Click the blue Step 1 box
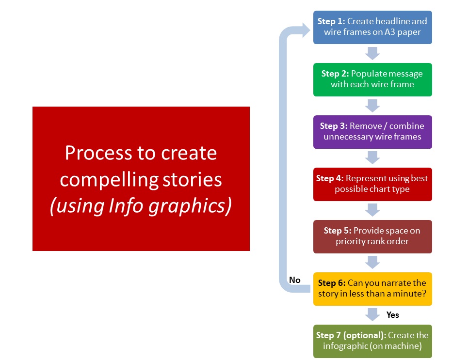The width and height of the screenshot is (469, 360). coord(372,27)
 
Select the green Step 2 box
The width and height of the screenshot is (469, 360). coord(372,79)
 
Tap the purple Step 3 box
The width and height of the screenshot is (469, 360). coord(372,132)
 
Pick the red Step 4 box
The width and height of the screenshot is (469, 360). coord(372,184)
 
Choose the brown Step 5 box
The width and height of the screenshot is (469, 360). coord(372,236)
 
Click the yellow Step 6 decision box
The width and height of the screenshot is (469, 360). coord(372,289)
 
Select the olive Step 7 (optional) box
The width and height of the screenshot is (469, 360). coord(372,341)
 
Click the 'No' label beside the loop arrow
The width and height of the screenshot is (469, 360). coord(294,280)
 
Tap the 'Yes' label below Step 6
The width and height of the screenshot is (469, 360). coord(392,315)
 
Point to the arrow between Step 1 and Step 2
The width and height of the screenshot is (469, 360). coord(372,53)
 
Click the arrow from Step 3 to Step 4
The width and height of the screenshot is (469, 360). coord(372,158)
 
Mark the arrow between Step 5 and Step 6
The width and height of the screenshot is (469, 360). coord(372,263)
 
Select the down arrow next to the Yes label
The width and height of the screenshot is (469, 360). coord(372,315)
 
